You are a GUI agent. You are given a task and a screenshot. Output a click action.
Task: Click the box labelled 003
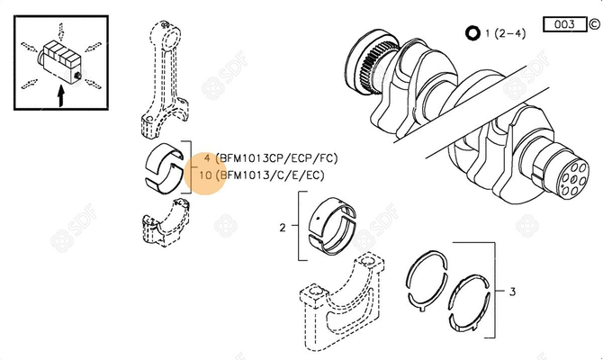click(564, 24)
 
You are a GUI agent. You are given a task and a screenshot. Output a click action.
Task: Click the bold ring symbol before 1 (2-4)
click(472, 34)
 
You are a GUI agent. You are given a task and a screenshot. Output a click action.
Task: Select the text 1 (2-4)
click(505, 34)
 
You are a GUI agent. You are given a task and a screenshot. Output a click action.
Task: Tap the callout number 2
click(282, 229)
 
